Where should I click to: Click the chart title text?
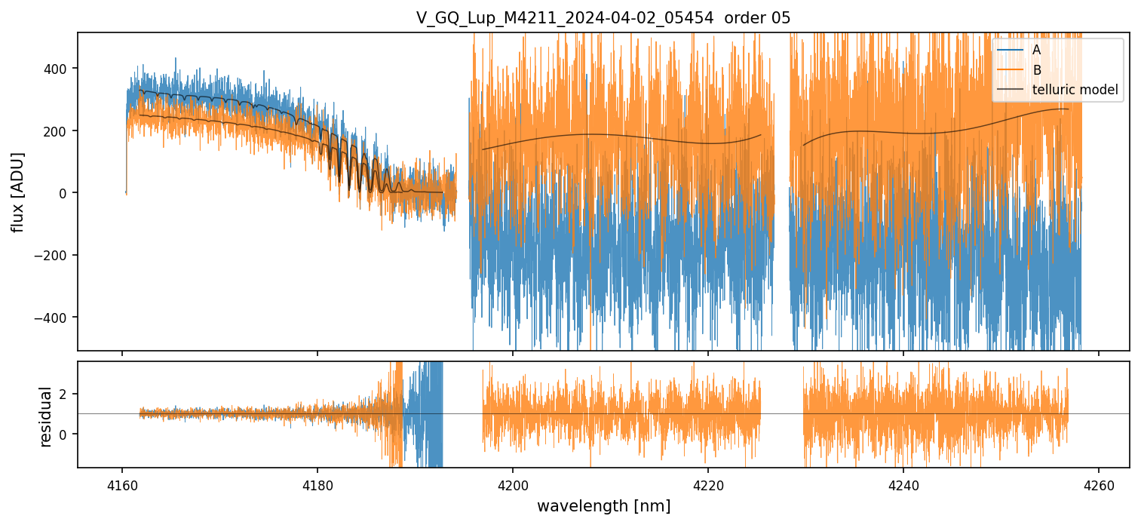click(603, 18)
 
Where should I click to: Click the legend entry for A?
click(1036, 50)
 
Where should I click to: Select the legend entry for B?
click(1036, 70)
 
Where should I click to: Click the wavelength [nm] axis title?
click(603, 505)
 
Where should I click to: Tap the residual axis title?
click(45, 416)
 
